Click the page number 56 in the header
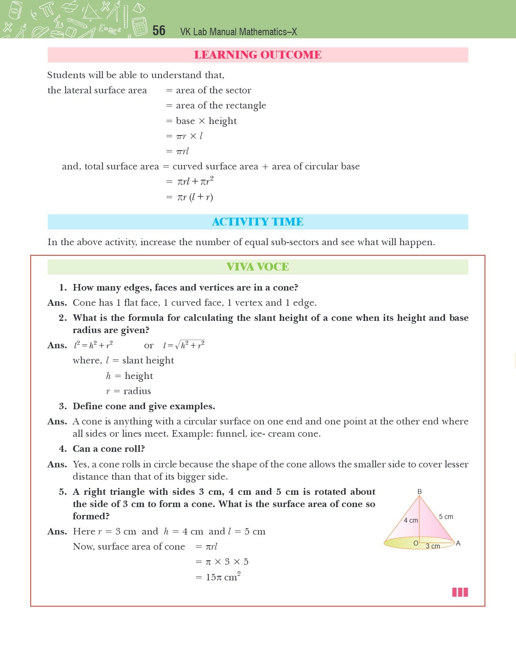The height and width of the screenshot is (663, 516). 158,31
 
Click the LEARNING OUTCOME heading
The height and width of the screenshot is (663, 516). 258,55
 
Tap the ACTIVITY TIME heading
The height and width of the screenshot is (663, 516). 258,222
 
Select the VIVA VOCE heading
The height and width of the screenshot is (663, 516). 258,267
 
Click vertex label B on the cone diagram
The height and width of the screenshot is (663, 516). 419,492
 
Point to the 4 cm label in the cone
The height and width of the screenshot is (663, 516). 411,520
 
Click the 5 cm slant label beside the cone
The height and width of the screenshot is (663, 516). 446,516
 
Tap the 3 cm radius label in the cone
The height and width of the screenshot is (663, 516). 433,546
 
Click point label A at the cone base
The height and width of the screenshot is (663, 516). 458,543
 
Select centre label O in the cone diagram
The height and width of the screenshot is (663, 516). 416,543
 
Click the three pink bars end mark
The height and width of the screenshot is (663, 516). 460,592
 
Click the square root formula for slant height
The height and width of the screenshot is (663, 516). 184,345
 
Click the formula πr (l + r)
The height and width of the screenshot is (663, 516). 195,197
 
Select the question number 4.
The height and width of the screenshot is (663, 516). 63,449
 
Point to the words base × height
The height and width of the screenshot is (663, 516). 206,121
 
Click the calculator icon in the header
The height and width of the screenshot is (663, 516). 140,26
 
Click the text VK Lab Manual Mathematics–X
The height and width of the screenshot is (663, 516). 238,32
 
